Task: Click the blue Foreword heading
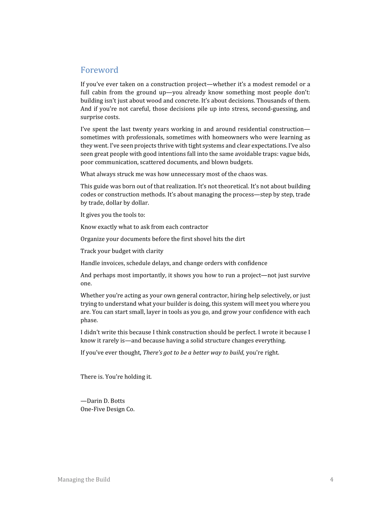tap(99, 70)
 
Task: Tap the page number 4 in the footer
tap(331, 479)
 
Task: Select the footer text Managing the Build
tap(84, 479)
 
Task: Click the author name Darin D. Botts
tap(106, 401)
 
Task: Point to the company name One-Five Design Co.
tap(107, 409)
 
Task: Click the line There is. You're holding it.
tap(116, 377)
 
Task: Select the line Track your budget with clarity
tap(122, 251)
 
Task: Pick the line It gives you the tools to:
tap(113, 215)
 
